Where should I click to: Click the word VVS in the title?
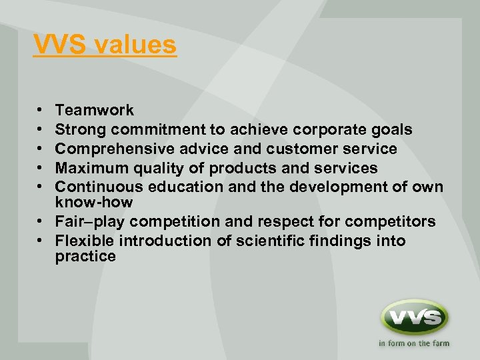(61, 45)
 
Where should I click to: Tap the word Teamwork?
(94, 111)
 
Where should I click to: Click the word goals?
(392, 130)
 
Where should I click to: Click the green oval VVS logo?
(413, 317)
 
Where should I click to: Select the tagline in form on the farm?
(413, 344)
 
